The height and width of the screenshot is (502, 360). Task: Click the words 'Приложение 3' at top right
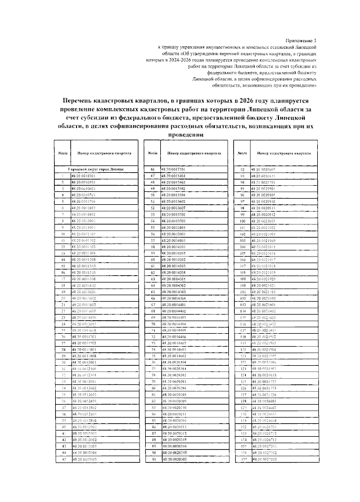303,41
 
